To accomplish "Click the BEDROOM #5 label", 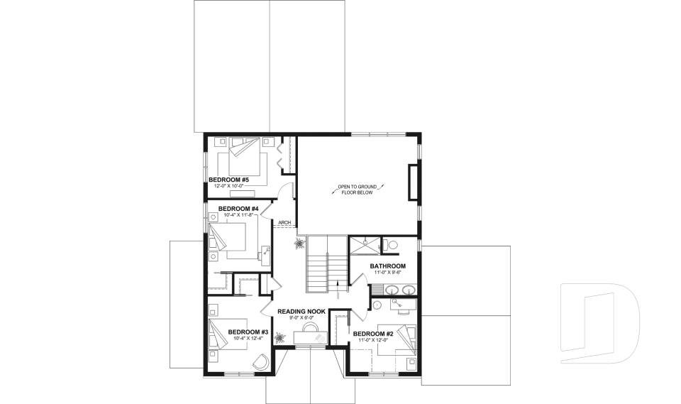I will click(228, 180).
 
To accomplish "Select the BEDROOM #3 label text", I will click(248, 332).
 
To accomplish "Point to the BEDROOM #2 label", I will click(373, 334).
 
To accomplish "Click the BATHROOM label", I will click(387, 266).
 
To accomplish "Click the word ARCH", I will click(285, 223).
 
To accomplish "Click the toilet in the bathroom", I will click(392, 245).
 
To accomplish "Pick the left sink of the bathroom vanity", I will click(390, 289).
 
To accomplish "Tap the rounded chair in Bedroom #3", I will click(260, 362).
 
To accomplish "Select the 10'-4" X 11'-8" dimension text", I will click(228, 214).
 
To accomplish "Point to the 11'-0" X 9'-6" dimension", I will click(387, 273).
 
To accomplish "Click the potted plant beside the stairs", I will click(299, 244).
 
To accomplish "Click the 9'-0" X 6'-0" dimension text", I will click(301, 318).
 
